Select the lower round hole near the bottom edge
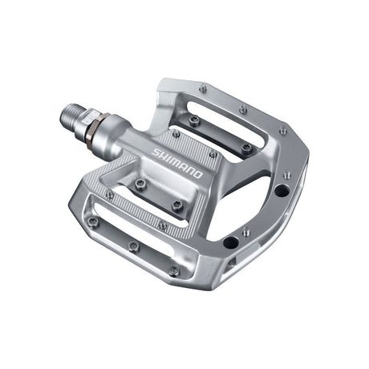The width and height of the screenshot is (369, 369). (x=230, y=241)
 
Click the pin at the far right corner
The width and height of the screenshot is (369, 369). (x=283, y=130)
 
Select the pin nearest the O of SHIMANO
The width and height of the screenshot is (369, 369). (x=213, y=154)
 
